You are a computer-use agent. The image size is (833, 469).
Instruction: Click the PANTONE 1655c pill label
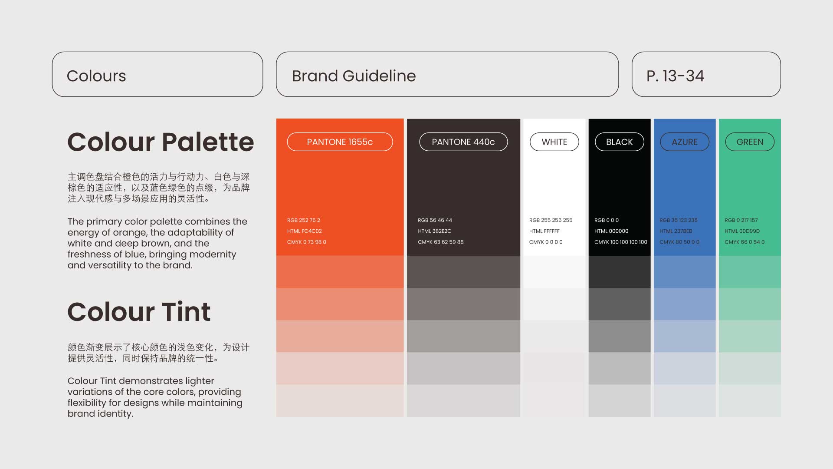340,142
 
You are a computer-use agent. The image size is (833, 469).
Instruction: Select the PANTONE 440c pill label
463,142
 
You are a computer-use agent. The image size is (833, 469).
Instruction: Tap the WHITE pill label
554,142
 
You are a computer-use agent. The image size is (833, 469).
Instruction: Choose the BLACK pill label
620,142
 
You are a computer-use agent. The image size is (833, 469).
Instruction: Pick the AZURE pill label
685,142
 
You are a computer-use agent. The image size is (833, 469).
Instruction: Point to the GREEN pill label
750,142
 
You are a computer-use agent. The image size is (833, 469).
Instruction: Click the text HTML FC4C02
305,231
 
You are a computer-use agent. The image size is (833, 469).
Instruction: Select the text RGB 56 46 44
435,220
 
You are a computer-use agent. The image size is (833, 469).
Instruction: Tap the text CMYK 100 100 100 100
621,242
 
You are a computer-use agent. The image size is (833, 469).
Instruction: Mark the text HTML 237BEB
676,231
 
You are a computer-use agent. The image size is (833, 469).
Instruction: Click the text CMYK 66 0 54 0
744,242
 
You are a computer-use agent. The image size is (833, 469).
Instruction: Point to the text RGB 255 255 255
551,220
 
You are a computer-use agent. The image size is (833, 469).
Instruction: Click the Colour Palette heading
161,142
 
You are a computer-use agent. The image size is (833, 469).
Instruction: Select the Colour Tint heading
139,311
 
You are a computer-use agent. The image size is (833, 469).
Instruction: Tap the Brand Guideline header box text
354,76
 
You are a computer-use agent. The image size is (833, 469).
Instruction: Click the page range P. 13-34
675,76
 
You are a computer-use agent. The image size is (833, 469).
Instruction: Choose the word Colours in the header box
96,76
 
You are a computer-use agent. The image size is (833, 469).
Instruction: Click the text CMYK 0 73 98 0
307,242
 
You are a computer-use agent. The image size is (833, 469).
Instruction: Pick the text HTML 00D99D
742,231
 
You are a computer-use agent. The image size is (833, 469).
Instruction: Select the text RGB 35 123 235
679,220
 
